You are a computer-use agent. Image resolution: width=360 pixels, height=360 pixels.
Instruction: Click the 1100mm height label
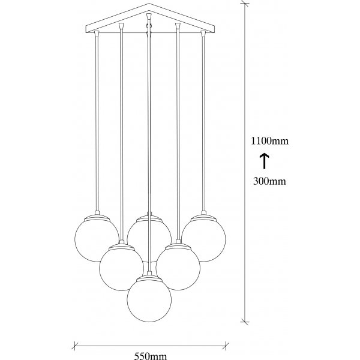(x=271, y=142)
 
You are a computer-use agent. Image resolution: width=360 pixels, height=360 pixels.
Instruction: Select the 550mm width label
(x=150, y=356)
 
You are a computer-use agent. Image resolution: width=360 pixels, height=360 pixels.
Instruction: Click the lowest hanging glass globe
(x=149, y=301)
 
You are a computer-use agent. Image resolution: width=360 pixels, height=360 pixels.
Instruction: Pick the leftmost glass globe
(x=97, y=239)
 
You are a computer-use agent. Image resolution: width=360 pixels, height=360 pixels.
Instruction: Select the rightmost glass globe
(x=203, y=239)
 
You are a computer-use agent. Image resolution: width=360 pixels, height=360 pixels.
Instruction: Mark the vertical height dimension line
(x=245, y=168)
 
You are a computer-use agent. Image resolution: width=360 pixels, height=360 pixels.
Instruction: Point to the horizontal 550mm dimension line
(x=150, y=345)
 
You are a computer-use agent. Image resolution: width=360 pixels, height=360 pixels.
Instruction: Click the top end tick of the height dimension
(x=245, y=4)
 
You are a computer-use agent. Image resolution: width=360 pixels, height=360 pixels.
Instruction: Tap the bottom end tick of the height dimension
(x=245, y=334)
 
